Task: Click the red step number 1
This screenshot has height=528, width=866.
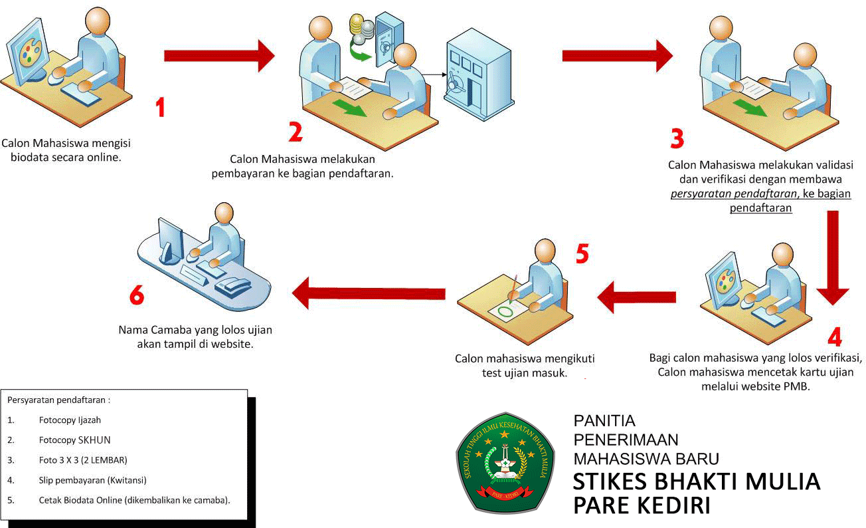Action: coord(159,107)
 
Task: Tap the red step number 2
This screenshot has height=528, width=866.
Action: coord(295,132)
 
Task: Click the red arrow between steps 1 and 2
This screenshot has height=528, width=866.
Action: coord(219,55)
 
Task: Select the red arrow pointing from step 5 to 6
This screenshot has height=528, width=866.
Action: coord(369,293)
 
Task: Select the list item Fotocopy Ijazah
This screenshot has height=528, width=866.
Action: coord(70,420)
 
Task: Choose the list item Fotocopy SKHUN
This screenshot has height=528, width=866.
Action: coord(74,440)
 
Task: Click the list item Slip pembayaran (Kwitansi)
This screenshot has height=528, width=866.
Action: coord(92,479)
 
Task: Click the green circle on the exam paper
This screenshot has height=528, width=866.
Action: coord(506,310)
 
